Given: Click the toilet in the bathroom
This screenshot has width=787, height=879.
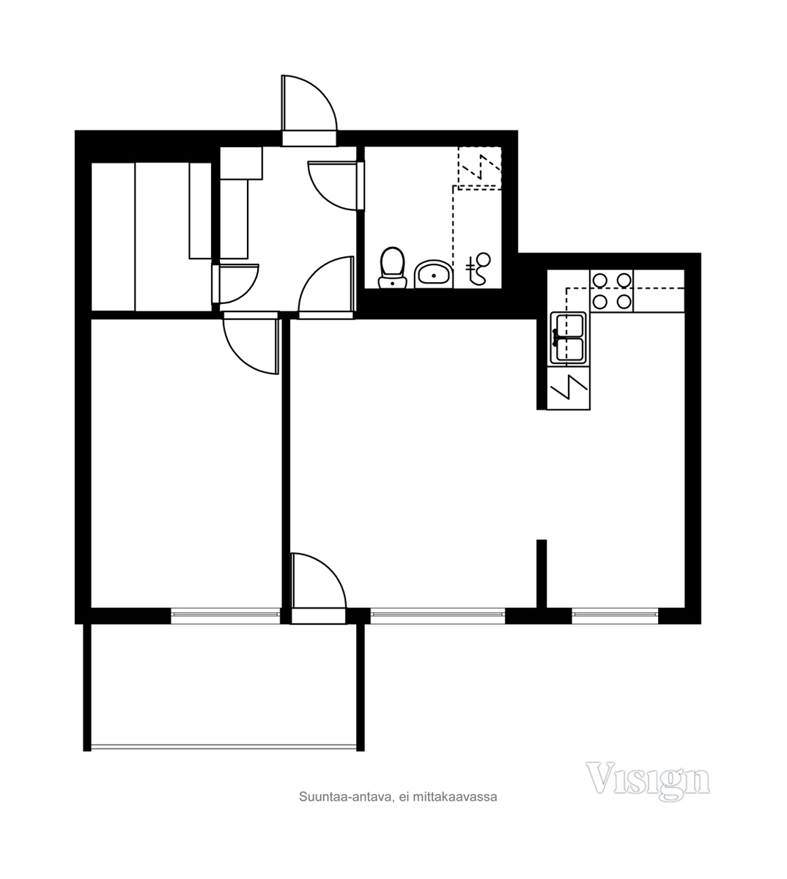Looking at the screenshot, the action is point(393,267).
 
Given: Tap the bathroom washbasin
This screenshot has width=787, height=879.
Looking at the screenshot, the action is point(434,274).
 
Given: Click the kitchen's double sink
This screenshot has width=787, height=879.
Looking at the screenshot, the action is point(568,338).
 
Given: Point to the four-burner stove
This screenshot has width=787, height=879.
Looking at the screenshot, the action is point(612,291).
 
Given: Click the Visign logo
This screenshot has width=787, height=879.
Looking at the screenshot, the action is point(648,782).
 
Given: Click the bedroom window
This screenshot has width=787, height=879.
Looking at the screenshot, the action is point(225,615).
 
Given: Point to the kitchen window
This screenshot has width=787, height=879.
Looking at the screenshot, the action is point(615,615).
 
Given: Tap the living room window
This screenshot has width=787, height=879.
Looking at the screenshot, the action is point(437,615).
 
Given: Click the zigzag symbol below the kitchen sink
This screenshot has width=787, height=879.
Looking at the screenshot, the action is point(569,387).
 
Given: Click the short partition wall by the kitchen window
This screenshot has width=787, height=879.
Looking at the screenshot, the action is point(542,574).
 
